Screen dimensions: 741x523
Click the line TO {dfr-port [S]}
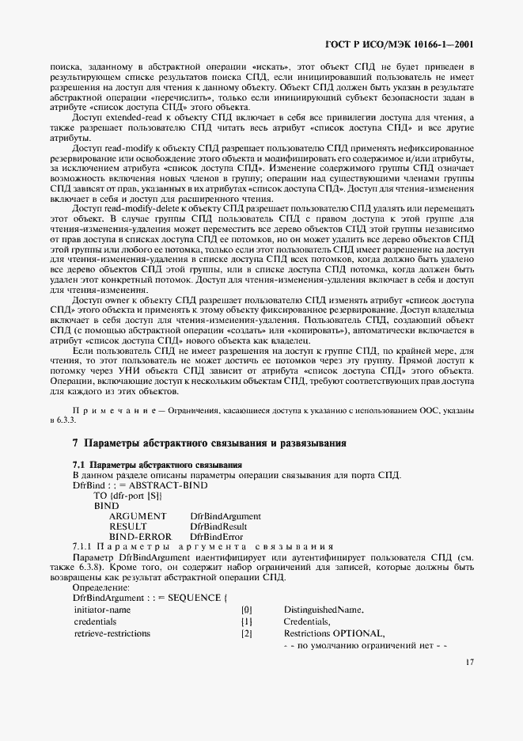127,495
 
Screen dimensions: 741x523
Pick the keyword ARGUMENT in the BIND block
137,516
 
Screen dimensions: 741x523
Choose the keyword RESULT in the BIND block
127,526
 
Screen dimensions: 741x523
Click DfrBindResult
219,526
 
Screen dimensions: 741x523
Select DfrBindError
216,537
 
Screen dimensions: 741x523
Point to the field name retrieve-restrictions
112,634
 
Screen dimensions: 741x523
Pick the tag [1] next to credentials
246,622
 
